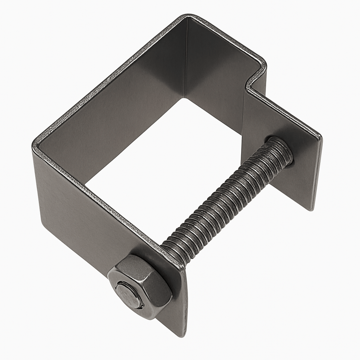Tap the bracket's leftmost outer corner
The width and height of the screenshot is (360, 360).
pyautogui.click(x=34, y=144)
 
